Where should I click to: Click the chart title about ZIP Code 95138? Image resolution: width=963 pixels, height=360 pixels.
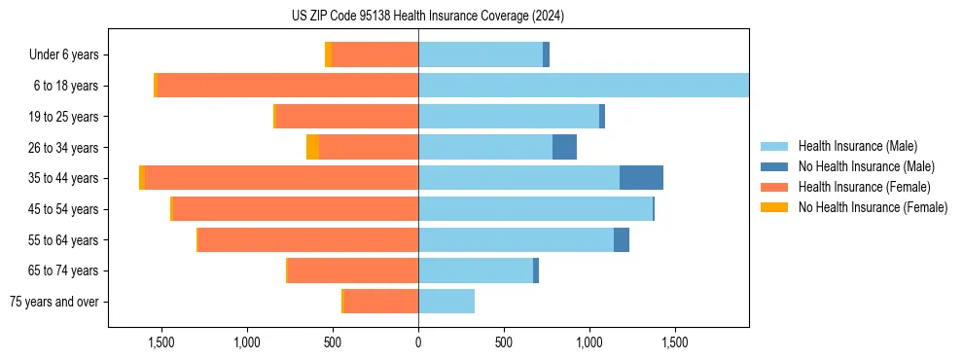428,16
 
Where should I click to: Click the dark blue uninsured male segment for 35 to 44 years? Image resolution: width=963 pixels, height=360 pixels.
641,178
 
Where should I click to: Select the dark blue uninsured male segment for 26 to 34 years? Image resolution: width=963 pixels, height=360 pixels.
564,147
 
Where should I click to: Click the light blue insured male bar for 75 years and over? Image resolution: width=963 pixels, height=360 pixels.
446,302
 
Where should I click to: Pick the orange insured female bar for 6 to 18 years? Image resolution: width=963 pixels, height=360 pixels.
288,86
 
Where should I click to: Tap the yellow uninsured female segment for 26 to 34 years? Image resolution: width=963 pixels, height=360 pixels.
312,147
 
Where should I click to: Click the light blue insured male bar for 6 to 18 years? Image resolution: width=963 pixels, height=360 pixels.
584,86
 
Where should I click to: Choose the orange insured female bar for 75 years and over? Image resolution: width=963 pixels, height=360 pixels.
381,302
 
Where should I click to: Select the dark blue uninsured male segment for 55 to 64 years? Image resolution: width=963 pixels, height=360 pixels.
622,239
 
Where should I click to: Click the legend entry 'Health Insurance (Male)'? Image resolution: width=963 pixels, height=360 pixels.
857,146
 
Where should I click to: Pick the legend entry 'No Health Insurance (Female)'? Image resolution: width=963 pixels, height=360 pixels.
873,207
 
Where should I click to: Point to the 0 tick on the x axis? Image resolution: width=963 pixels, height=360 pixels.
418,342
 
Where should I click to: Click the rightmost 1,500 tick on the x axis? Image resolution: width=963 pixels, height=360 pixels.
675,342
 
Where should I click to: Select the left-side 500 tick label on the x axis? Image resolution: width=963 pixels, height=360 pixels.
333,342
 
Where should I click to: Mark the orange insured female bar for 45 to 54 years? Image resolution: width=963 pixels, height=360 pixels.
295,209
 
